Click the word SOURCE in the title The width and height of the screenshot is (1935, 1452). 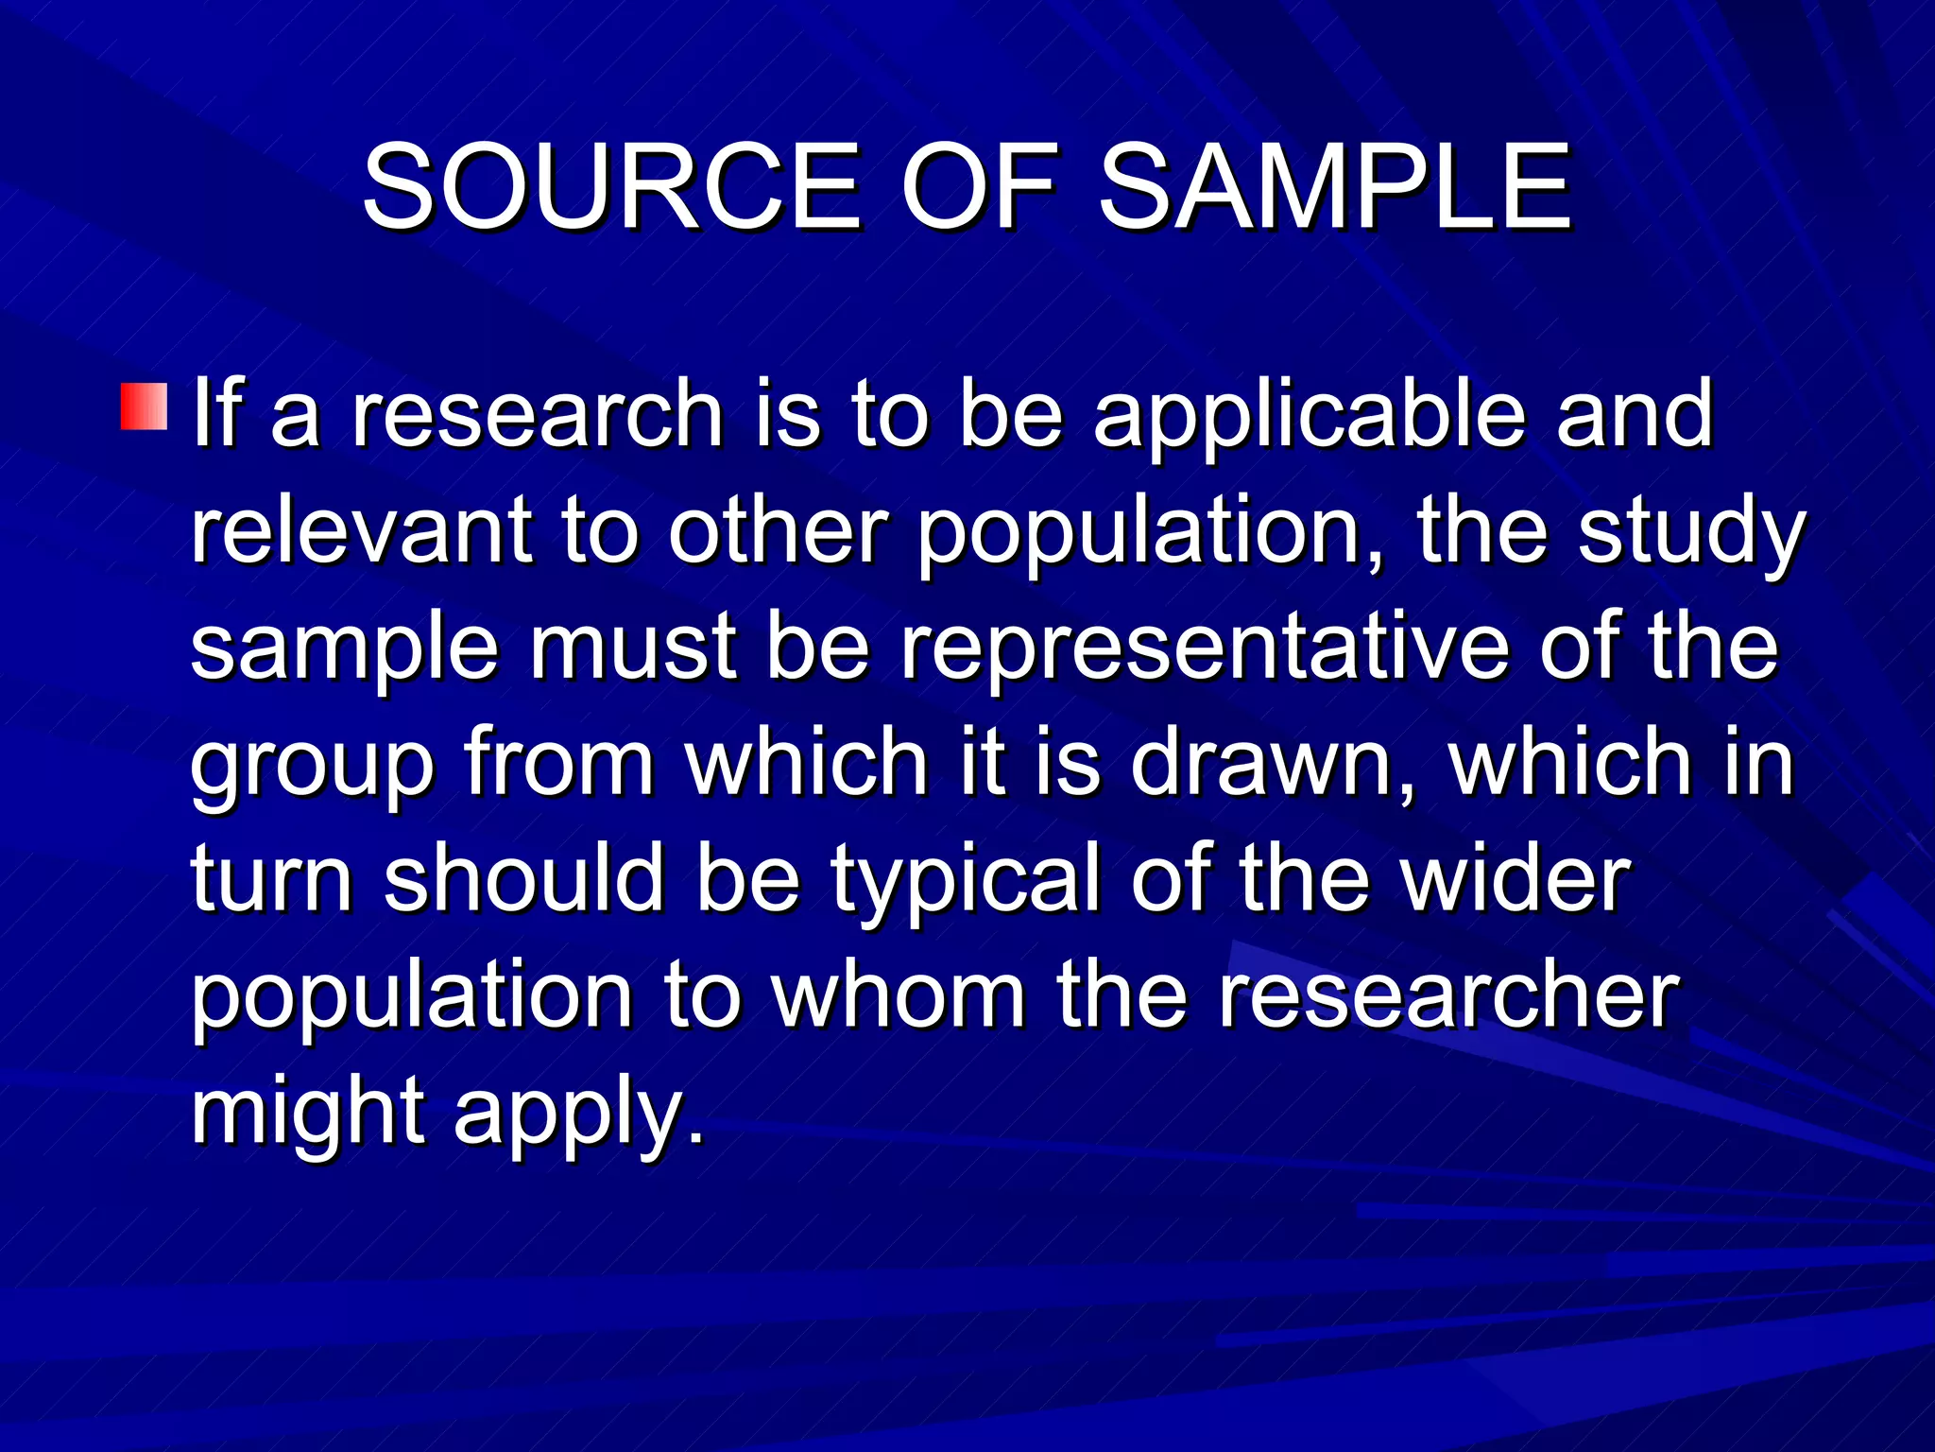tap(611, 186)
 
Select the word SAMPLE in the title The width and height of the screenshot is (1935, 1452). tap(1334, 186)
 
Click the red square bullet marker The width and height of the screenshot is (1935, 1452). tap(144, 406)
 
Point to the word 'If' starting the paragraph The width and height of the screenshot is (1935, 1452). tap(215, 413)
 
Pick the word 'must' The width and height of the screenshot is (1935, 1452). tap(633, 648)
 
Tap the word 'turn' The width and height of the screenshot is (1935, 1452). tap(272, 879)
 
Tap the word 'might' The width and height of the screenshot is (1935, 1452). tap(308, 1113)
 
